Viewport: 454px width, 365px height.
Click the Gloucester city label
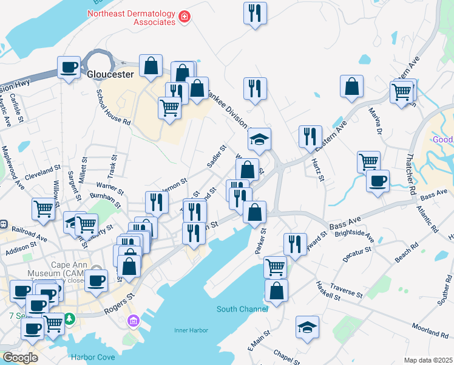tap(110, 75)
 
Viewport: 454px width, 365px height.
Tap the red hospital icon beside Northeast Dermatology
tap(184, 18)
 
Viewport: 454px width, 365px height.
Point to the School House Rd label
tap(114, 106)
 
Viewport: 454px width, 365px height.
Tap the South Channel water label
tap(242, 309)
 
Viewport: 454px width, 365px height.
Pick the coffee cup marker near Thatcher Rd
tap(378, 181)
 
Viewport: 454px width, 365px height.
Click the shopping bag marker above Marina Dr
tap(352, 87)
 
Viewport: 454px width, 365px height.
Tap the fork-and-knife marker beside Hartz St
tap(310, 137)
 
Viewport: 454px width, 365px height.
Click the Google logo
tap(20, 357)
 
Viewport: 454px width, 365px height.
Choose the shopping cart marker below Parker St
tap(276, 267)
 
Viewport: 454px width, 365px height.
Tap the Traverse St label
tap(347, 290)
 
